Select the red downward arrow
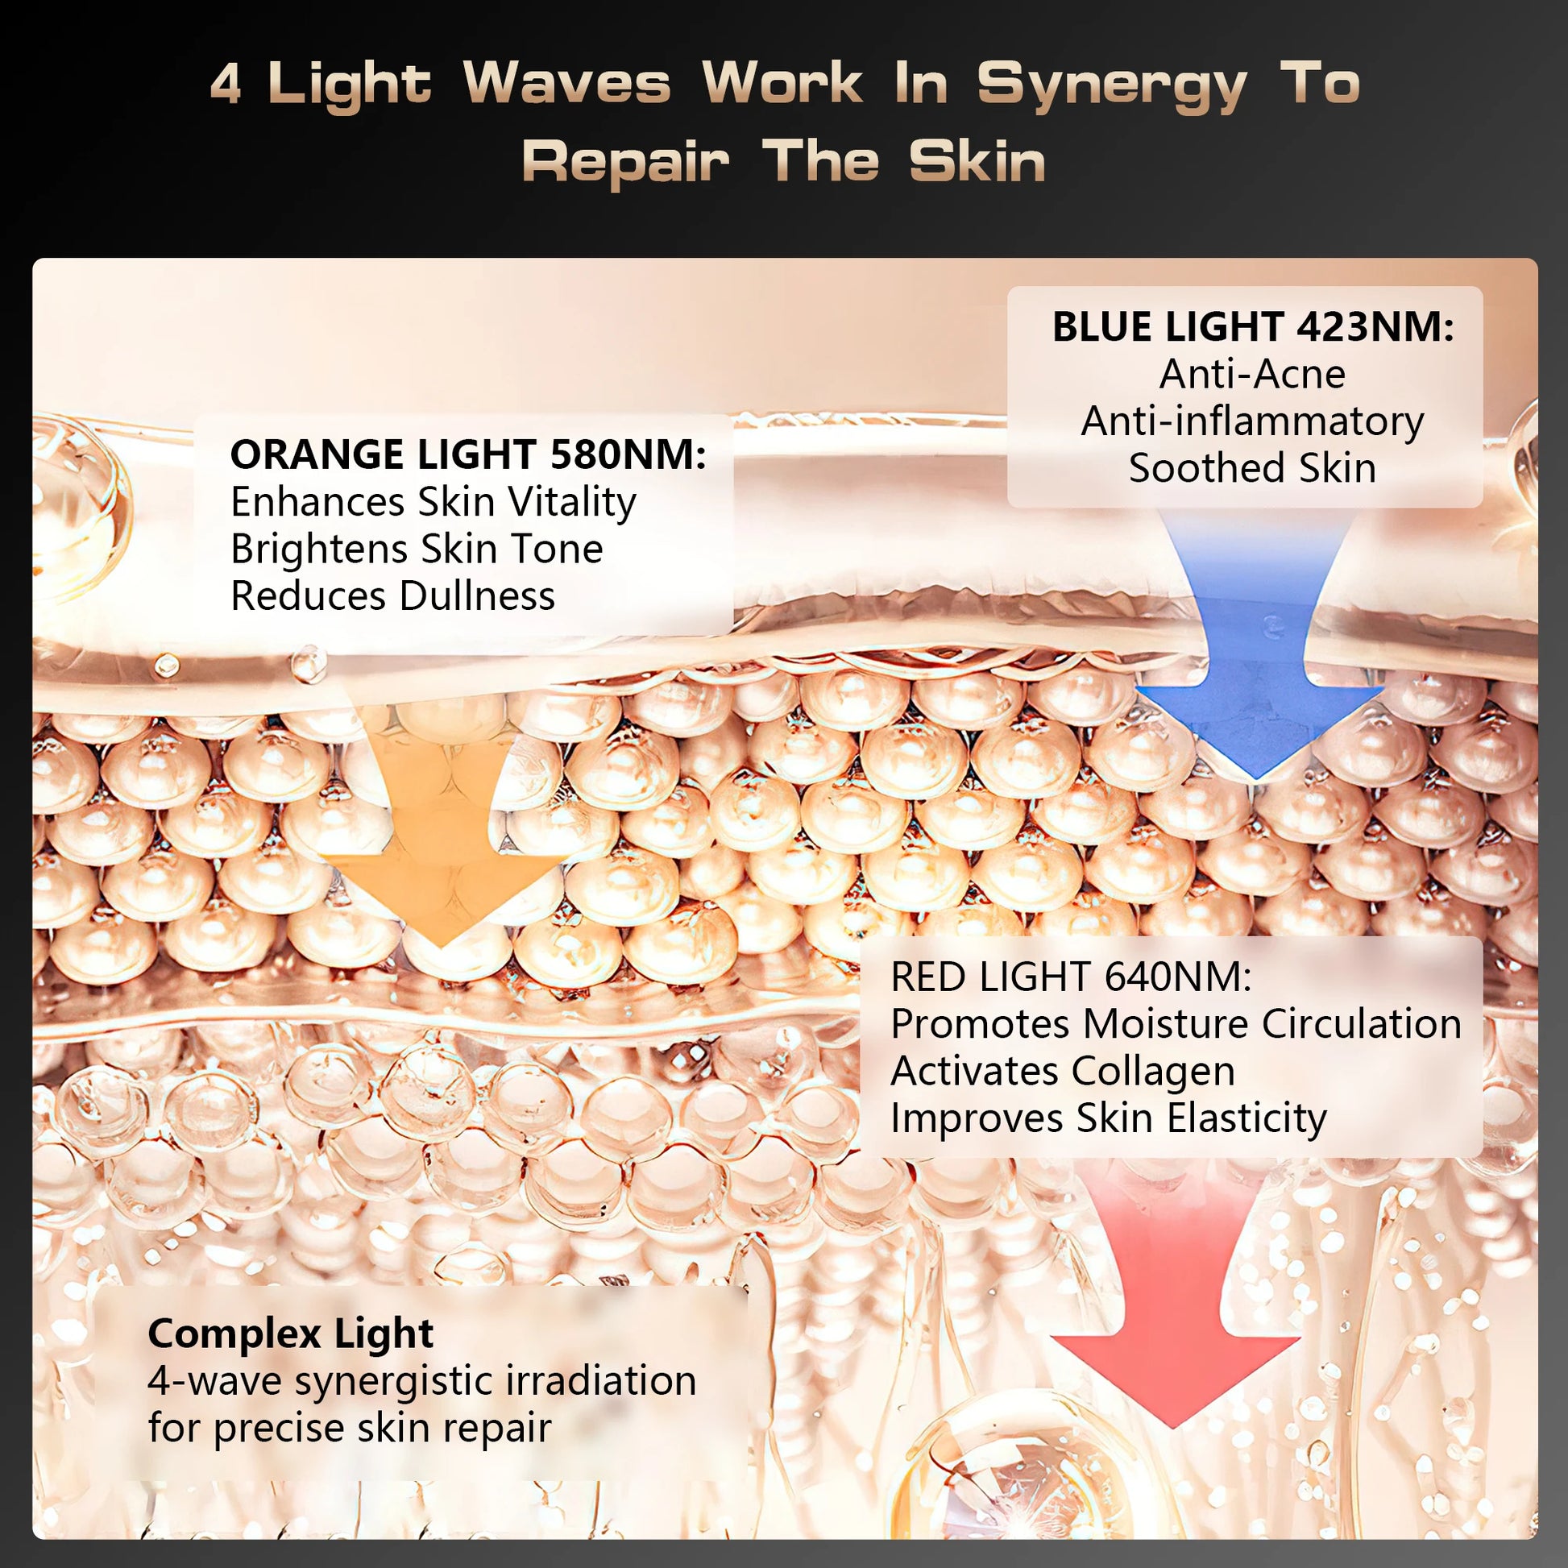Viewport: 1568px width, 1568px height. pyautogui.click(x=1174, y=1331)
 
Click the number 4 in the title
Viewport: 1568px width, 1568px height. pyautogui.click(x=226, y=85)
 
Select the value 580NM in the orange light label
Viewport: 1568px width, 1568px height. pyautogui.click(x=628, y=454)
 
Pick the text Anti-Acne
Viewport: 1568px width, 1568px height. pyautogui.click(x=1252, y=374)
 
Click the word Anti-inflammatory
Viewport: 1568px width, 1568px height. pyautogui.click(x=1252, y=421)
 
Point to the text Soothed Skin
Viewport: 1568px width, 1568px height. pyautogui.click(x=1252, y=468)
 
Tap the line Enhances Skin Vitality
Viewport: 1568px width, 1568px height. pyautogui.click(x=433, y=501)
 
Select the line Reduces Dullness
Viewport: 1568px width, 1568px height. pyautogui.click(x=393, y=595)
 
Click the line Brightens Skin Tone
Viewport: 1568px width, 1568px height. pyautogui.click(x=417, y=549)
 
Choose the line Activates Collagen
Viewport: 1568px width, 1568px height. pyautogui.click(x=1062, y=1071)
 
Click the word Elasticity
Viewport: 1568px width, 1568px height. pyautogui.click(x=1247, y=1118)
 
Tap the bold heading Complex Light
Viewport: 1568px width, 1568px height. pyautogui.click(x=291, y=1334)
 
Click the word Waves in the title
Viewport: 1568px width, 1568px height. pyautogui.click(x=567, y=85)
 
